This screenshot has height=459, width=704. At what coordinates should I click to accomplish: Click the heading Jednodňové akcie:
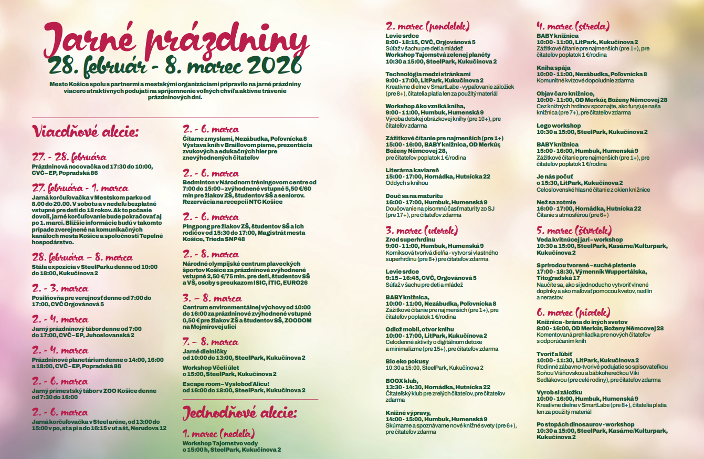click(239, 413)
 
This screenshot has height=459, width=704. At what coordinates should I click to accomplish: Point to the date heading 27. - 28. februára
click(69, 157)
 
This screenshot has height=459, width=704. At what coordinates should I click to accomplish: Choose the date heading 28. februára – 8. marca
click(82, 258)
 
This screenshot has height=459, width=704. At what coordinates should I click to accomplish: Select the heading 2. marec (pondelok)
click(427, 26)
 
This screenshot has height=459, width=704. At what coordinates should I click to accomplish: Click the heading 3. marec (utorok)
click(422, 231)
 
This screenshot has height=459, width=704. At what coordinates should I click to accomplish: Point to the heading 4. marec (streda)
click(573, 26)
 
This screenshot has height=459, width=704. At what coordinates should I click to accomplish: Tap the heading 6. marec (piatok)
click(570, 312)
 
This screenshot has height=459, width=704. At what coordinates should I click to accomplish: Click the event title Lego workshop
click(559, 126)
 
